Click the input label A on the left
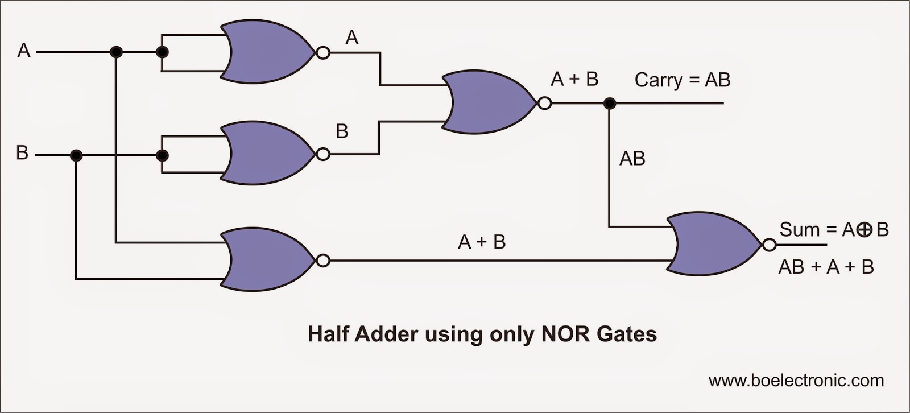[23, 51]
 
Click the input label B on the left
[22, 153]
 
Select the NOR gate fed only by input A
[264, 53]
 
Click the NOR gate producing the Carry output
[487, 103]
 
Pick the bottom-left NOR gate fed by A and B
[264, 261]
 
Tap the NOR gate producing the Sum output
[712, 245]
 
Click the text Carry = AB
[682, 80]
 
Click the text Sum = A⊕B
[833, 230]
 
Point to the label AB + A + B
[825, 267]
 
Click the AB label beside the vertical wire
[632, 159]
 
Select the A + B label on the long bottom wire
[481, 242]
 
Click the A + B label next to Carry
[574, 79]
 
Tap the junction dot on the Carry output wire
[610, 104]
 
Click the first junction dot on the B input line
[76, 155]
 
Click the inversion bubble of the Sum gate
[769, 245]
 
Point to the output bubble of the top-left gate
[322, 53]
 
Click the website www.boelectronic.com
[796, 380]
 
